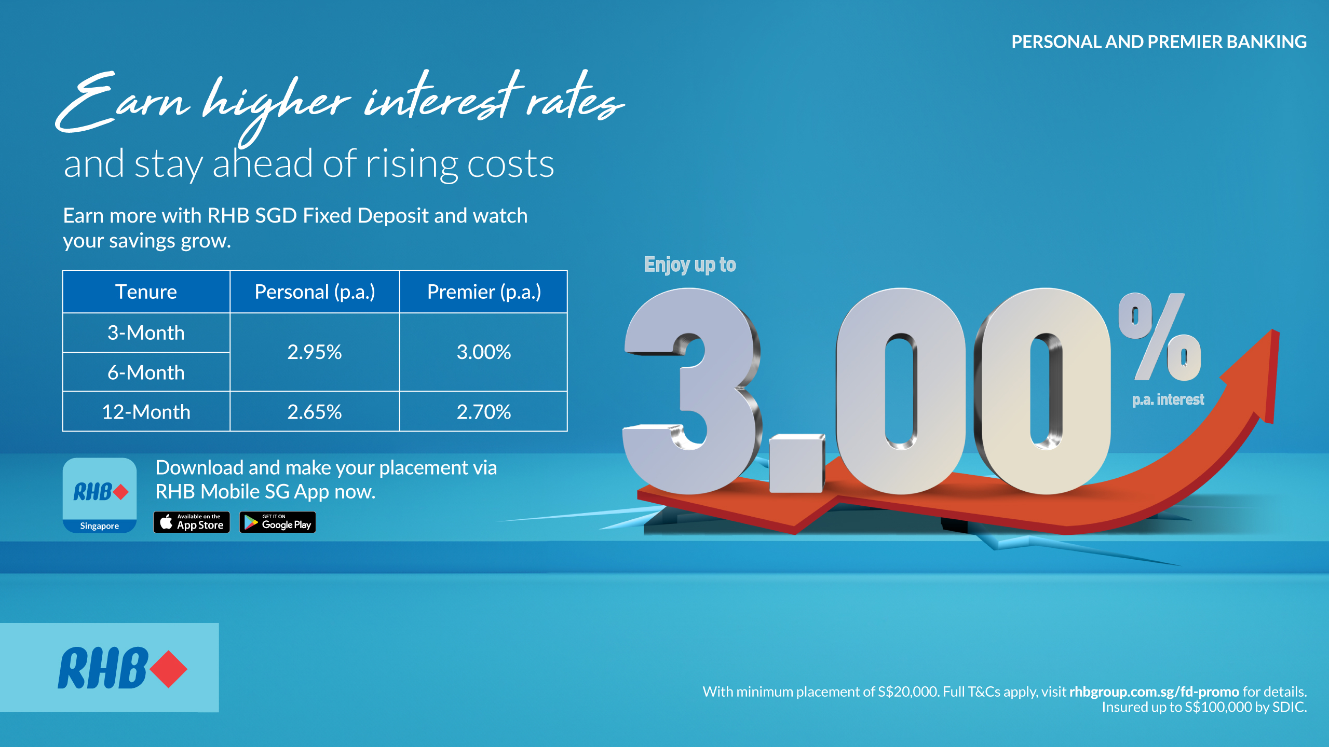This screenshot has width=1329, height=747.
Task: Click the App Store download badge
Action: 192,522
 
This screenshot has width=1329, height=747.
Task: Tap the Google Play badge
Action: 278,522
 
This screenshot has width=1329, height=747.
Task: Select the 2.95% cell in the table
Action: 315,352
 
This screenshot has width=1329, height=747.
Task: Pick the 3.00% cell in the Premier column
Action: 483,352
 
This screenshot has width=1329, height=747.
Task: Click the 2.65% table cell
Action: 315,412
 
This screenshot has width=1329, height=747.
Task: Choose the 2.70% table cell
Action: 483,412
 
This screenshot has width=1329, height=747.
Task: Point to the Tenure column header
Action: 146,292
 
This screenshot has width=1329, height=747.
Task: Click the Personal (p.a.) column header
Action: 315,292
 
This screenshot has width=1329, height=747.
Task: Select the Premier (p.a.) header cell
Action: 483,292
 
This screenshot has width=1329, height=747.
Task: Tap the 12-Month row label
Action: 146,412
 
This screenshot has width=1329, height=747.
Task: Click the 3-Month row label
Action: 146,333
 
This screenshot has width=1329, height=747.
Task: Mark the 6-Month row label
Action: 146,372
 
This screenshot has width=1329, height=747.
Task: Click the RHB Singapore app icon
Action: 100,495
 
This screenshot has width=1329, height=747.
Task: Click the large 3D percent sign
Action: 1159,337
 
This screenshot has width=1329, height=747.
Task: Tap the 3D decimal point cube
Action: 796,463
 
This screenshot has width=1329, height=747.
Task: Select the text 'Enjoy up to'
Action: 690,265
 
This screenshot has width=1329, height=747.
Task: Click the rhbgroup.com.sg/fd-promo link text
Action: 1154,691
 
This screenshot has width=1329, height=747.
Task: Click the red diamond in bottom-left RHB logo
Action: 169,669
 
